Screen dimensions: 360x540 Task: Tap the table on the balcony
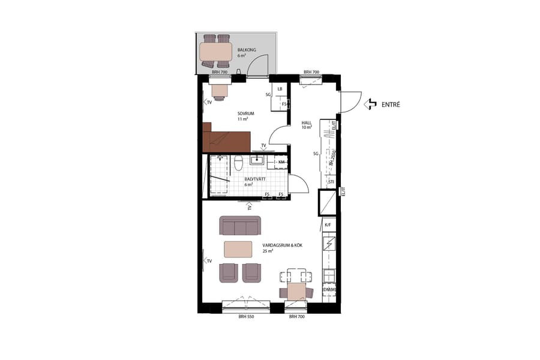[x=216, y=51]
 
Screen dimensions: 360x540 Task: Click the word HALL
[x=307, y=122]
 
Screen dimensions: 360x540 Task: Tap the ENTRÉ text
[x=391, y=104]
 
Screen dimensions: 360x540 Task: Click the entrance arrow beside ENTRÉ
[x=371, y=104]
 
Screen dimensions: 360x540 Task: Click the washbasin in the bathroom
[x=258, y=160]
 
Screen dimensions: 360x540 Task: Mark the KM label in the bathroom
[x=281, y=162]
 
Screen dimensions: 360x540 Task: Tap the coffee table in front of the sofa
[x=238, y=248]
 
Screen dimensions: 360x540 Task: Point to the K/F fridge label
[x=328, y=224]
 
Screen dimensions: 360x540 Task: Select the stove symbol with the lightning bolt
[x=329, y=244]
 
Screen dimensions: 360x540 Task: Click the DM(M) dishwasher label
[x=329, y=290]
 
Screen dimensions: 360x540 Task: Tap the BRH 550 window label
[x=247, y=316]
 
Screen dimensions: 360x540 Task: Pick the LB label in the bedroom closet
[x=280, y=89]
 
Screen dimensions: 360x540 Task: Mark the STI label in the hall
[x=331, y=181]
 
